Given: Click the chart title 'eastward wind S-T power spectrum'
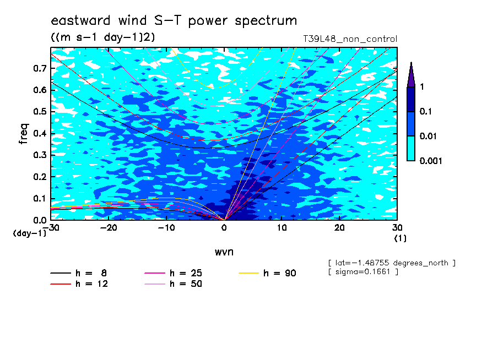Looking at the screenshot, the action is click(174, 21).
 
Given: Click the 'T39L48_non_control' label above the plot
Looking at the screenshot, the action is click(350, 39).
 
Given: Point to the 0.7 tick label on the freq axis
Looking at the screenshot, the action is click(40, 68).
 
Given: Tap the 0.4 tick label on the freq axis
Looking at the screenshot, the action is click(40, 133).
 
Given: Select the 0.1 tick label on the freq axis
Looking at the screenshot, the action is click(40, 198).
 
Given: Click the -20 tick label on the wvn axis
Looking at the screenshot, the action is click(109, 228).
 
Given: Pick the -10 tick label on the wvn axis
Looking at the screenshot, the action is click(166, 228).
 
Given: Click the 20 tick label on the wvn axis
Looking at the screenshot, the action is click(339, 228).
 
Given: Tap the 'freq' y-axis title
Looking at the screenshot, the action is click(24, 134).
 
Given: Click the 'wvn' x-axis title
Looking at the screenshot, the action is click(224, 252).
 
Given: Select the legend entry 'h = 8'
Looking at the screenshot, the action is click(78, 273).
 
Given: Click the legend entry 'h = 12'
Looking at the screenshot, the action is click(79, 284).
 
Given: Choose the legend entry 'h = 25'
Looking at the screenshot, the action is click(173, 273).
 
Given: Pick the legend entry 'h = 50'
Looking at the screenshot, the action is click(173, 284).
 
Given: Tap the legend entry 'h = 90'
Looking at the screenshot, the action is click(267, 273).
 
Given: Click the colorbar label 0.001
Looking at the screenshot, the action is click(431, 161).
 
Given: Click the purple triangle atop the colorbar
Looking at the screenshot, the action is click(411, 75).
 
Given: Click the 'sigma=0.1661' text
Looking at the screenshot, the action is click(362, 272).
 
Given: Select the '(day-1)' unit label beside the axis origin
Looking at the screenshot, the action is click(29, 233).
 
